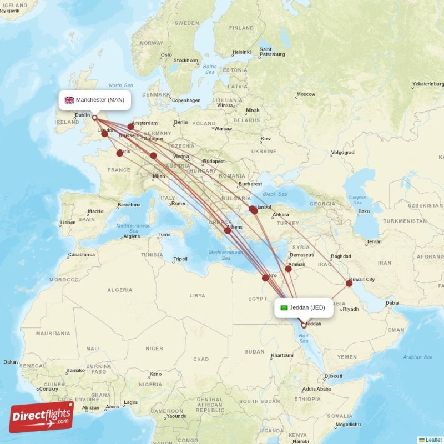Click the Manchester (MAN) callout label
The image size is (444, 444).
(x=95, y=100)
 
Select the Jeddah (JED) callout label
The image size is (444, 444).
(x=304, y=307)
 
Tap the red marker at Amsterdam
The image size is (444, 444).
(x=131, y=127)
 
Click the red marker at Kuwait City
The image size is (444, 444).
(x=349, y=284)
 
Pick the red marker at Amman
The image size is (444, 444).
(x=289, y=269)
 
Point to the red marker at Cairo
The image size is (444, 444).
(x=265, y=277)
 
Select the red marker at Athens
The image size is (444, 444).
(x=228, y=230)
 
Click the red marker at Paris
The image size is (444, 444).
(x=120, y=153)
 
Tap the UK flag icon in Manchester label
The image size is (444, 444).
(x=69, y=100)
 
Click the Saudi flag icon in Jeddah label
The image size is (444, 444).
(x=284, y=307)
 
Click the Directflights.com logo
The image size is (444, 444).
(x=42, y=417)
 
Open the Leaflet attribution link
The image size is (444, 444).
(x=433, y=440)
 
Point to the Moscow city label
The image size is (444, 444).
(x=305, y=94)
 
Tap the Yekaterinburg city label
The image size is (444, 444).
(x=427, y=84)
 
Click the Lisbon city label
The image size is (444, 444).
(x=68, y=223)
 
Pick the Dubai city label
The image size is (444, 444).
(x=392, y=303)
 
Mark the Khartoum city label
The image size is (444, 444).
(x=281, y=355)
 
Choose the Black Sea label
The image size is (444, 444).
(x=275, y=194)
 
